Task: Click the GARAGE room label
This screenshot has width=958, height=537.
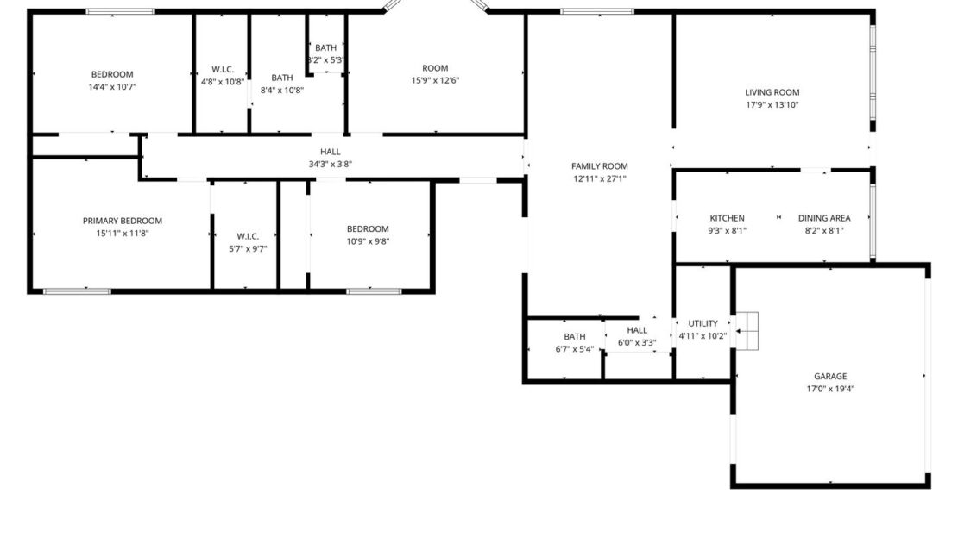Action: pyautogui.click(x=830, y=376)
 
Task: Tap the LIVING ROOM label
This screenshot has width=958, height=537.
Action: pyautogui.click(x=772, y=92)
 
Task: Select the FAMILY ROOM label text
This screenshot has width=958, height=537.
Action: pyautogui.click(x=600, y=166)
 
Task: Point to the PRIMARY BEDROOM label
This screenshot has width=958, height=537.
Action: pyautogui.click(x=123, y=221)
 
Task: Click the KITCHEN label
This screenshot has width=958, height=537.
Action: pyautogui.click(x=727, y=218)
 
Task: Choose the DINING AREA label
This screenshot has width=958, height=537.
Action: pyautogui.click(x=824, y=218)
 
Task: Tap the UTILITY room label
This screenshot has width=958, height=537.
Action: pyautogui.click(x=703, y=323)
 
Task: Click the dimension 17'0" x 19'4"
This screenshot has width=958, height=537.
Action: pyautogui.click(x=830, y=389)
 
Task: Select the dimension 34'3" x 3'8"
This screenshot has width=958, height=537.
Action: pyautogui.click(x=331, y=164)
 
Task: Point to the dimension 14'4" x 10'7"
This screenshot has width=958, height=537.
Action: pyautogui.click(x=112, y=86)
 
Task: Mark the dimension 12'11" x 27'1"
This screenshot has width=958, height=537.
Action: pyautogui.click(x=600, y=179)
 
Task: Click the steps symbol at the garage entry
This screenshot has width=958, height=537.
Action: pyautogui.click(x=747, y=330)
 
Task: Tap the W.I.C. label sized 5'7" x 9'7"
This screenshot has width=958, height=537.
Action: pyautogui.click(x=248, y=236)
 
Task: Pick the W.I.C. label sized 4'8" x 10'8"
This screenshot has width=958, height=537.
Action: pyautogui.click(x=223, y=70)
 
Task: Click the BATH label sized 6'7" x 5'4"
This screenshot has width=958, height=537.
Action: pyautogui.click(x=575, y=336)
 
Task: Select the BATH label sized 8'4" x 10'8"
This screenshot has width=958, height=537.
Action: pyautogui.click(x=282, y=78)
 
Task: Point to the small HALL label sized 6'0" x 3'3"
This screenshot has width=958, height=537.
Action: pyautogui.click(x=637, y=330)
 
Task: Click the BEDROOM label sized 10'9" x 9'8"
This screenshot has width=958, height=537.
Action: pyautogui.click(x=369, y=228)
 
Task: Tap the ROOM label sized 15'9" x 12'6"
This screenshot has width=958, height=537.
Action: pyautogui.click(x=435, y=68)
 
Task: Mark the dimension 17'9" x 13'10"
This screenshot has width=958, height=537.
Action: pyautogui.click(x=772, y=105)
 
